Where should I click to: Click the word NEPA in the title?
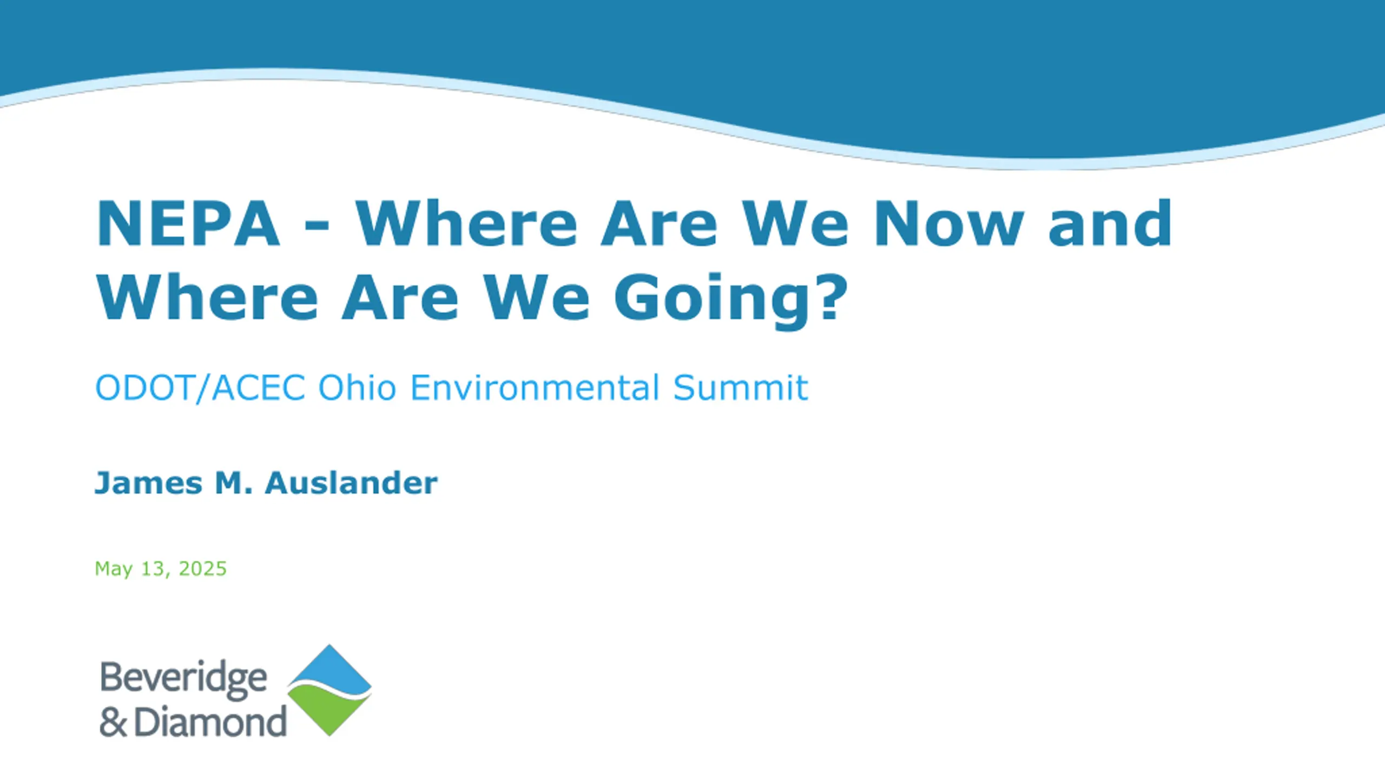click(188, 223)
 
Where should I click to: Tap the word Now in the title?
click(949, 223)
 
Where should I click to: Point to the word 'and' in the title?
click(1110, 222)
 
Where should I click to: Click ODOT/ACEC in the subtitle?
click(200, 387)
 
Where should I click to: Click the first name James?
click(149, 483)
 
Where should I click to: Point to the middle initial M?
click(234, 483)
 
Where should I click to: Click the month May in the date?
click(114, 569)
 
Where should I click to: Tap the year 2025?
click(202, 568)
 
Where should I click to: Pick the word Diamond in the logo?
click(210, 722)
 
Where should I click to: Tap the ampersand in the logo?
click(114, 723)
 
